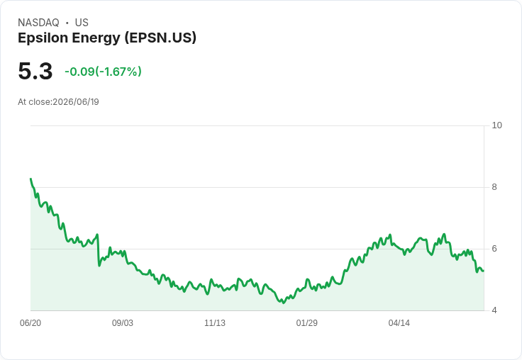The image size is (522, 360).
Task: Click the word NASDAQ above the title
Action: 38,23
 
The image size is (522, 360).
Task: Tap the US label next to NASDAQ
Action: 82,23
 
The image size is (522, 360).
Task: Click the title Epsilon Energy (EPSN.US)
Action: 107,38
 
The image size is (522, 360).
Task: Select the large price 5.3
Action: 35,71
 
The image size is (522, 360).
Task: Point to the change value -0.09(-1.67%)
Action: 104,72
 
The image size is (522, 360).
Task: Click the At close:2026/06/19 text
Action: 58,102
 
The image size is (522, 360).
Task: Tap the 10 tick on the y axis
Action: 496,125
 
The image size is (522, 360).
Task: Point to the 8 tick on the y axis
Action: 494,187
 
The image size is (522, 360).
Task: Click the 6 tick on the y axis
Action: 494,249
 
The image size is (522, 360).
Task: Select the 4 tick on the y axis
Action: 494,310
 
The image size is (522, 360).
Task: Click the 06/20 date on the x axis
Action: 30,322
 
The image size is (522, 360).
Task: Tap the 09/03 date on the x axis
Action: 123,322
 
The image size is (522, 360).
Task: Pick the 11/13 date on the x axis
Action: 215,322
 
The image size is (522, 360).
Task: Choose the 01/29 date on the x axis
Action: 306,322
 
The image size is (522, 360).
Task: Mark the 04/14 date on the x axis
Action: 399,322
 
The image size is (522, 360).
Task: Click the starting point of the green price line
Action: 30,179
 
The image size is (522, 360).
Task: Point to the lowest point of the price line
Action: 284,303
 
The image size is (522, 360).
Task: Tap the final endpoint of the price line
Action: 484,271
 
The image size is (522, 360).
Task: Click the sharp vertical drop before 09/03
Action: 98,250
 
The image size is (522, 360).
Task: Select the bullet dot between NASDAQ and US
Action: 67,23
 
